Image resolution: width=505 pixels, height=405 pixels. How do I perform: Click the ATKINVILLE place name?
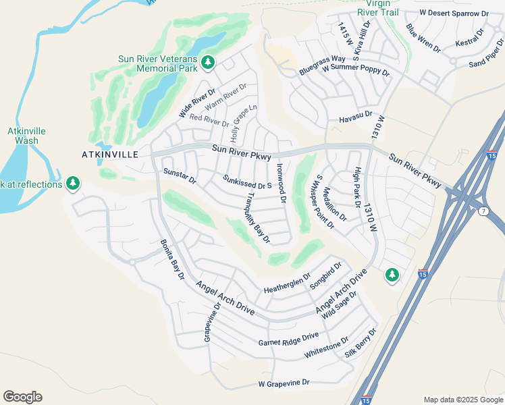coord(109,155)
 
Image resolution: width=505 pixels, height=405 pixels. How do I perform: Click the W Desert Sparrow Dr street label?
coord(454,13)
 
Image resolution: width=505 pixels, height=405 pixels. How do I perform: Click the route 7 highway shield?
coord(483,213)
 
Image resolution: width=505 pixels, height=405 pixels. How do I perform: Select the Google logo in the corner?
coord(22,396)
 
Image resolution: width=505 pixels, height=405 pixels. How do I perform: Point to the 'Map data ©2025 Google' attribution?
coord(462,400)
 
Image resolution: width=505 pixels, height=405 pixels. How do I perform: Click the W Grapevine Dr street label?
coord(284,383)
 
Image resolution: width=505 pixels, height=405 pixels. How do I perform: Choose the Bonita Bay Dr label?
coord(172,259)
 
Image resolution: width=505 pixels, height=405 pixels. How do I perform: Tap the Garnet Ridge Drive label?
coord(288,340)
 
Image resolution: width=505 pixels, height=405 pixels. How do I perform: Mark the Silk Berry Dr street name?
coord(361,343)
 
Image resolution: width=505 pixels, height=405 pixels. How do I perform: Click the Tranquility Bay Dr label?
coord(259,217)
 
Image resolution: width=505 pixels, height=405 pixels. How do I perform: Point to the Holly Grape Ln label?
coord(244,122)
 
